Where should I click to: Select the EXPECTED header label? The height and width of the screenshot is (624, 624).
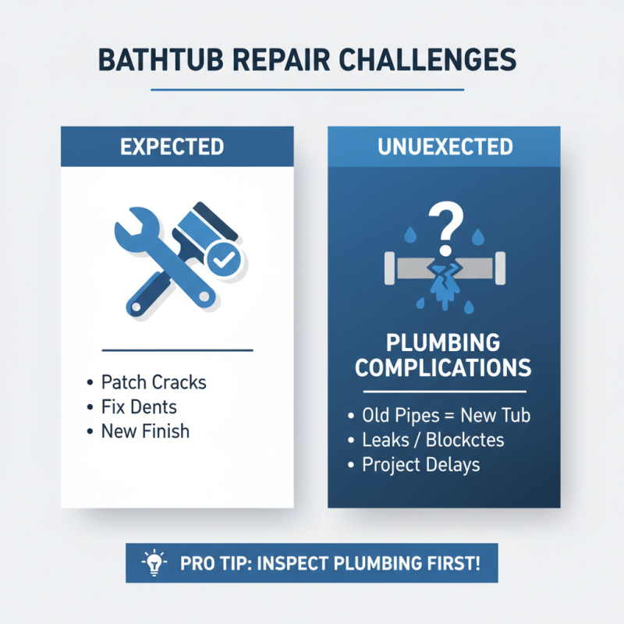177,147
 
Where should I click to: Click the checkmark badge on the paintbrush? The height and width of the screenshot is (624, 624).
223,261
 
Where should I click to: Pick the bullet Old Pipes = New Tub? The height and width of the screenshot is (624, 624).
446,415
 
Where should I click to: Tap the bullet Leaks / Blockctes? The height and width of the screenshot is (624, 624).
433,440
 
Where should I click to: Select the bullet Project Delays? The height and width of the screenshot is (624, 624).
421,465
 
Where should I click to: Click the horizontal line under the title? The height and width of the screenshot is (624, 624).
312,90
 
